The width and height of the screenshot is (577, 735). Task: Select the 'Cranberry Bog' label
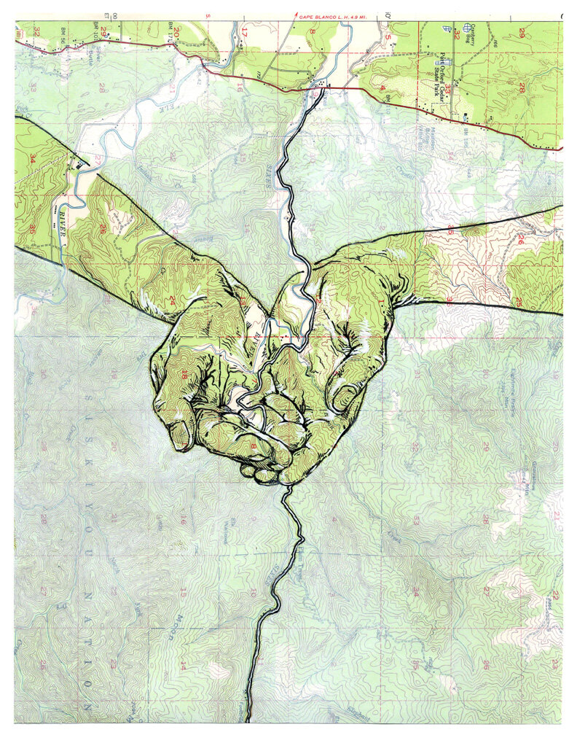[x=481, y=32]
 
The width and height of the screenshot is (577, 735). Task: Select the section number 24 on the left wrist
[x=172, y=299]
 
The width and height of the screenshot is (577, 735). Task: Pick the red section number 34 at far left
[x=31, y=157]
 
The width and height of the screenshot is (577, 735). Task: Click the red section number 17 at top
[x=245, y=32]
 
